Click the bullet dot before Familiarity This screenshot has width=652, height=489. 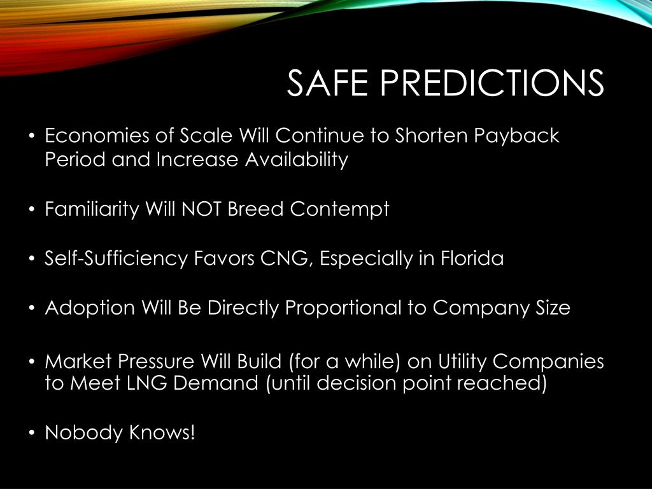31,210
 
